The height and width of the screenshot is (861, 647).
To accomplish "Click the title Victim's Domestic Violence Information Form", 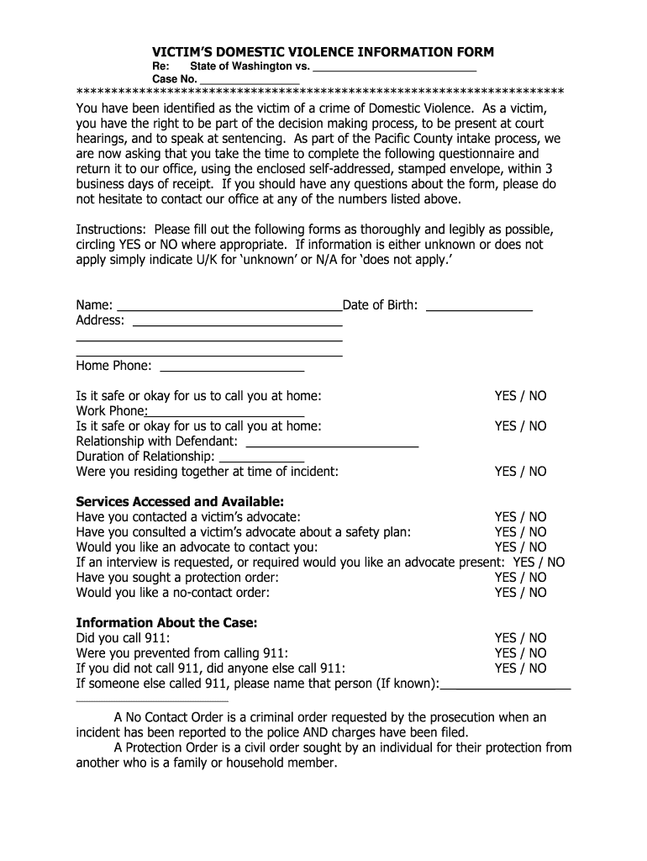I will [323, 52].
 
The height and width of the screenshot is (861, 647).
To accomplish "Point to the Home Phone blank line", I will [231, 370].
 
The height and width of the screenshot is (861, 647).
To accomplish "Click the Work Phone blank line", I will [225, 415].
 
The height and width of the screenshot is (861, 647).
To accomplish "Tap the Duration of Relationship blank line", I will [260, 461].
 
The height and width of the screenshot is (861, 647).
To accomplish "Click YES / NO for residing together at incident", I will [520, 472].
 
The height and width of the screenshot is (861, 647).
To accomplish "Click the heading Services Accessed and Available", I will [180, 502].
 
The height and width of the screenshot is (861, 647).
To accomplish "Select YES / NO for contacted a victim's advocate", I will [520, 517].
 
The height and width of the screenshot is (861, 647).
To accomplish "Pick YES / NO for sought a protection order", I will [520, 578].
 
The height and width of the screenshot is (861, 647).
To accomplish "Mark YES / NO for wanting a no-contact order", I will [520, 593].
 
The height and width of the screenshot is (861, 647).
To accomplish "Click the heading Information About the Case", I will [166, 623].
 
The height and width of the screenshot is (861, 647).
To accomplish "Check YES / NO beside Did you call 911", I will [520, 638].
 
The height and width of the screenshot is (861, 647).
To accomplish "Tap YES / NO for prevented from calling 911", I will [520, 653].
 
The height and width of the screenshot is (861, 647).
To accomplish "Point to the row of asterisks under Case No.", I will [319, 91].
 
